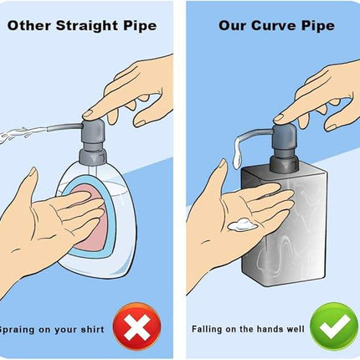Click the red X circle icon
point(136,327)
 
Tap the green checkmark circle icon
point(334,327)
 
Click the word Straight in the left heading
point(87,26)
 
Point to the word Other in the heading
point(29,26)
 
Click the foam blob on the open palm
point(242,224)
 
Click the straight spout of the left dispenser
point(64,127)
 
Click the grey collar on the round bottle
point(93,157)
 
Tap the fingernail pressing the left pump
point(88,114)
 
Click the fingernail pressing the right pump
point(279,118)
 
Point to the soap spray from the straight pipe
point(23,133)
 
